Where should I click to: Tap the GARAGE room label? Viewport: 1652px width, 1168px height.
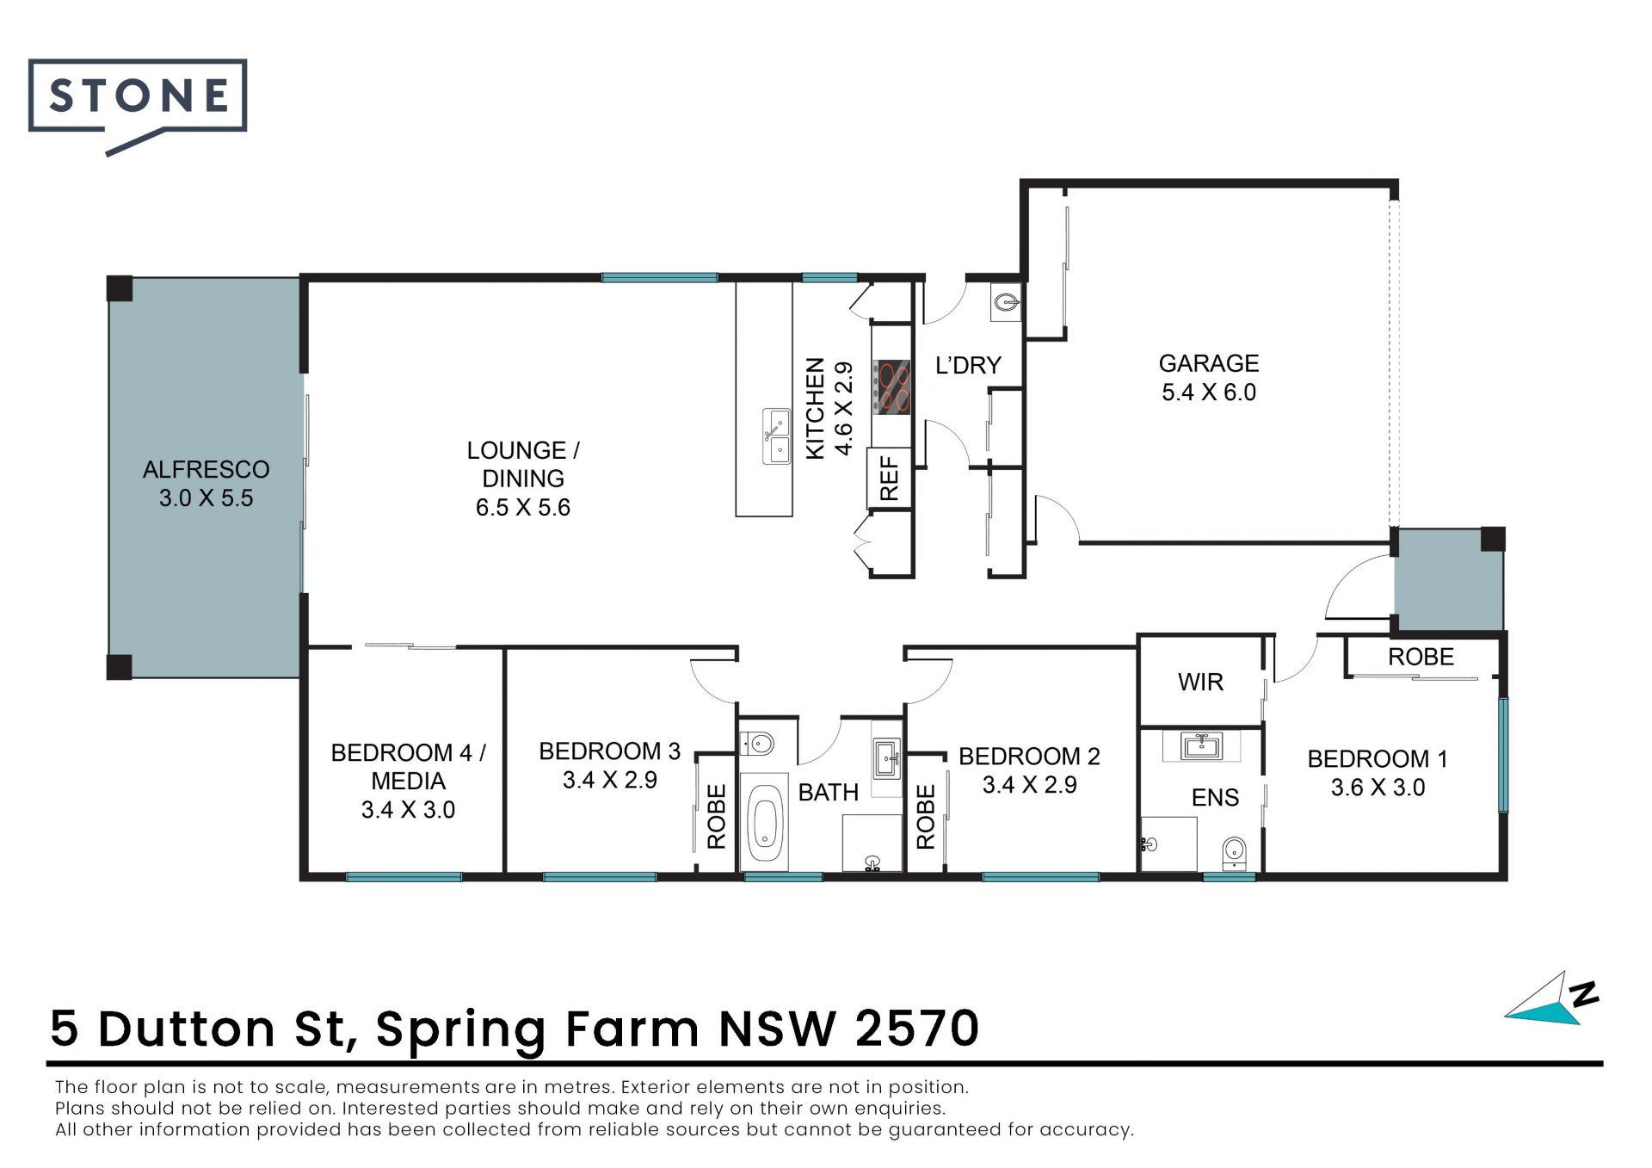click(x=1208, y=363)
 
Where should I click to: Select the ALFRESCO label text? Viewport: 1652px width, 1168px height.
click(x=206, y=469)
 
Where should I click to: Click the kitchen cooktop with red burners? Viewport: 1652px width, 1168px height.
click(x=891, y=386)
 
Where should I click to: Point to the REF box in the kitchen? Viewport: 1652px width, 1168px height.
click(x=889, y=478)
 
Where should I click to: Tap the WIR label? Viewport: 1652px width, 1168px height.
click(x=1200, y=683)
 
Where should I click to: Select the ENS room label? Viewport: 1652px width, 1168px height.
click(x=1215, y=798)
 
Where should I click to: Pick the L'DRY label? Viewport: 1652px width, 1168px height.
click(x=968, y=365)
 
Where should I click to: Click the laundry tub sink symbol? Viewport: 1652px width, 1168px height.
click(x=1006, y=302)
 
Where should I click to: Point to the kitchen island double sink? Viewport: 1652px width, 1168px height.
click(x=777, y=436)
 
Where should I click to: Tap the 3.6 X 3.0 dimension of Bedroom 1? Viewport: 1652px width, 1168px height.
click(x=1378, y=788)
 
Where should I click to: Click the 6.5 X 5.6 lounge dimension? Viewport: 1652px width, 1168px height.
click(x=523, y=507)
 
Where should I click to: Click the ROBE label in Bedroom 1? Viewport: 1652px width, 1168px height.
click(x=1421, y=657)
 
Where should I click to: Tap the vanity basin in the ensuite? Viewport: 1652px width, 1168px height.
click(x=1201, y=745)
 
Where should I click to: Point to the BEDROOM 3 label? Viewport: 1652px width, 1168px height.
click(x=609, y=751)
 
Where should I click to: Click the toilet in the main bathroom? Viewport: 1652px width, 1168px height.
click(x=758, y=743)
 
